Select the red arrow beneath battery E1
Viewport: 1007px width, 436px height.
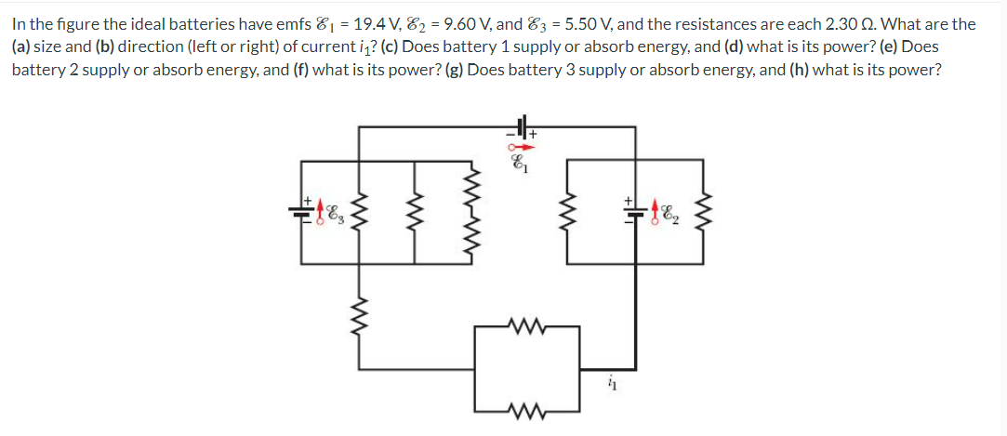tap(523, 146)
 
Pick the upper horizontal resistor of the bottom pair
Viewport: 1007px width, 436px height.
tap(526, 326)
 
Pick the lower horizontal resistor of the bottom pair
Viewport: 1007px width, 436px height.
tap(526, 409)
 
